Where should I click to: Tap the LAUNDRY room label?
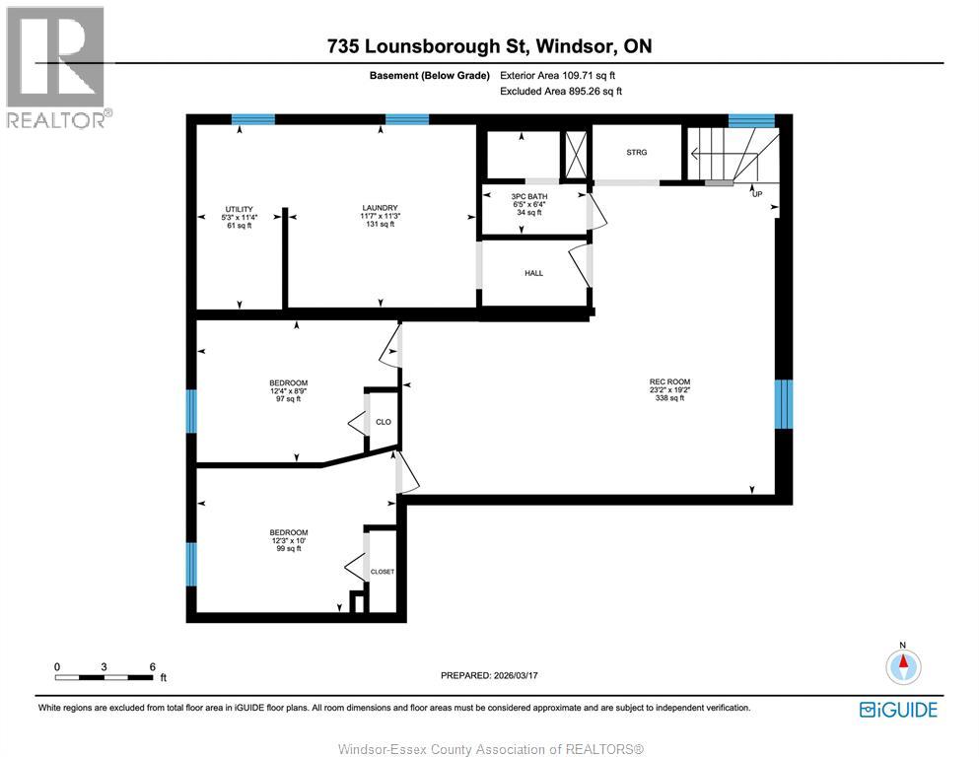tap(380, 208)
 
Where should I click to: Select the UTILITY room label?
tap(240, 208)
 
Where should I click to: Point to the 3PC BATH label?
tap(529, 196)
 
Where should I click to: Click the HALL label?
tap(533, 273)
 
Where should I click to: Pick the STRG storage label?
tap(637, 152)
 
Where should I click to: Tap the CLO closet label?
tap(384, 421)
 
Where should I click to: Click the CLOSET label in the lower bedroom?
tap(383, 572)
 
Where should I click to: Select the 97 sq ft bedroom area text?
tap(289, 399)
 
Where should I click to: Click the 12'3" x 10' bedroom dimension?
tap(289, 540)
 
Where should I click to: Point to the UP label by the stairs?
tap(757, 194)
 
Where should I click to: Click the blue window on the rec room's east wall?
tap(783, 404)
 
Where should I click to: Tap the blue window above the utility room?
tap(253, 119)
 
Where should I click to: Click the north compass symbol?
tap(902, 667)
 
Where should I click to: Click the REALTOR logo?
tap(57, 67)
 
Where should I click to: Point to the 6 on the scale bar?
tap(152, 666)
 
